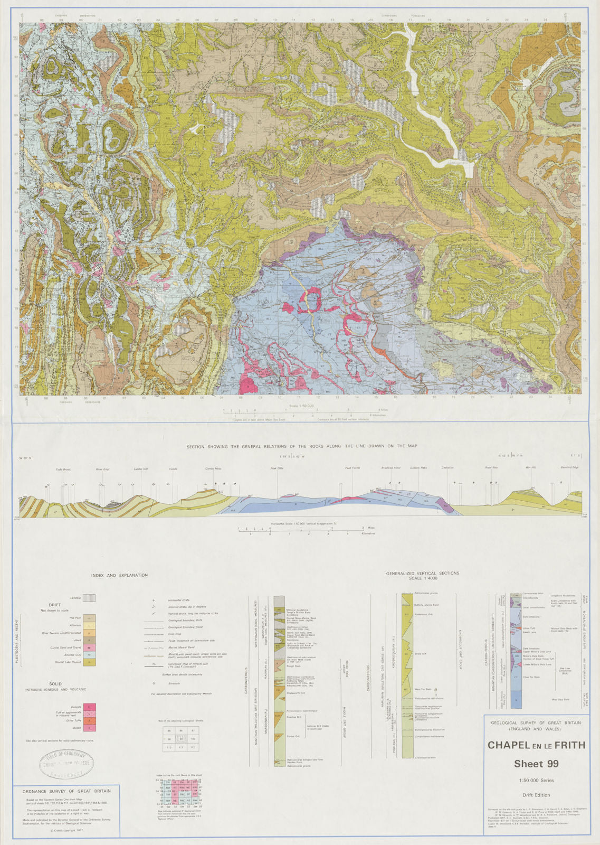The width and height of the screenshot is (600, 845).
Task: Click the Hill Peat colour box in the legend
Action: pyautogui.click(x=89, y=617)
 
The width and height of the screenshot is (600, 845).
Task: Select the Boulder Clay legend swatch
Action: pyautogui.click(x=89, y=655)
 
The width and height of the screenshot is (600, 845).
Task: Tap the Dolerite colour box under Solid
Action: pyautogui.click(x=89, y=707)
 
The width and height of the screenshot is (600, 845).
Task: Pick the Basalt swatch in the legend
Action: pyautogui.click(x=89, y=728)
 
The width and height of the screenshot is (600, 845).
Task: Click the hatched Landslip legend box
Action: pyautogui.click(x=89, y=598)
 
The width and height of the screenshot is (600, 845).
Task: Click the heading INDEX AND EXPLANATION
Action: pyautogui.click(x=119, y=575)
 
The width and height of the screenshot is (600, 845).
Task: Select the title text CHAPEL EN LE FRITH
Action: pyautogui.click(x=536, y=745)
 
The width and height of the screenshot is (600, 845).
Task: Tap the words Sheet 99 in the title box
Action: pyautogui.click(x=536, y=764)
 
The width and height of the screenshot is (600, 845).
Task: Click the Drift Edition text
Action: pyautogui.click(x=536, y=795)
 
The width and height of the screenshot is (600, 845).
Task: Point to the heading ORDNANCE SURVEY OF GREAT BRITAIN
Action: pyautogui.click(x=66, y=791)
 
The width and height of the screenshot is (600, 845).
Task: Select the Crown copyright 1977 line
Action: pyautogui.click(x=66, y=830)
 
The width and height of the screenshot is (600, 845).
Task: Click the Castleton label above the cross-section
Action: pyautogui.click(x=447, y=467)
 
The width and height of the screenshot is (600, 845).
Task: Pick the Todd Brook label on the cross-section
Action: pyautogui.click(x=63, y=469)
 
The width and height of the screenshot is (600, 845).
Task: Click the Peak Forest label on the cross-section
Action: pyautogui.click(x=352, y=468)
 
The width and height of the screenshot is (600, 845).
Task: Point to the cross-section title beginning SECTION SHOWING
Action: pyautogui.click(x=302, y=446)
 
